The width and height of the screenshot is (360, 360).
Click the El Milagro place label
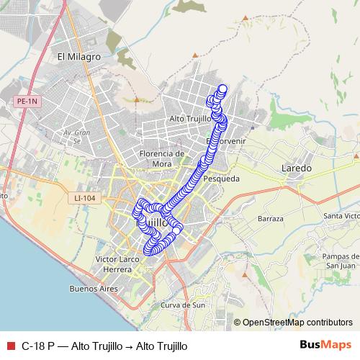[x=78, y=56]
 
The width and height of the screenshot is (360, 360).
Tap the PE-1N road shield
[x=27, y=102]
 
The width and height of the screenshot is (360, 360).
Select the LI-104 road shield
[x=85, y=198]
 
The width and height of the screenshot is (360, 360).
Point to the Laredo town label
[x=296, y=168]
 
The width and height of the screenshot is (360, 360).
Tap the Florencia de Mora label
[x=162, y=158]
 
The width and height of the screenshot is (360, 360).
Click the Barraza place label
[x=271, y=218]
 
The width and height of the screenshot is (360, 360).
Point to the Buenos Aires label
[x=93, y=289]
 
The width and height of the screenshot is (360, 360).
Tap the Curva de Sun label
[x=183, y=305]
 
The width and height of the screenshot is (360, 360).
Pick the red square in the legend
[x=9, y=346]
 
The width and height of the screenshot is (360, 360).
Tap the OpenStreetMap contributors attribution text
[x=297, y=323]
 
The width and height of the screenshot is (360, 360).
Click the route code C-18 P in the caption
[x=37, y=346]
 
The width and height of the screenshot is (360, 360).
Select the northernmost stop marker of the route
[x=222, y=89]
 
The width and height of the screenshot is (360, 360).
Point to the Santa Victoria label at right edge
[x=341, y=216]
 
